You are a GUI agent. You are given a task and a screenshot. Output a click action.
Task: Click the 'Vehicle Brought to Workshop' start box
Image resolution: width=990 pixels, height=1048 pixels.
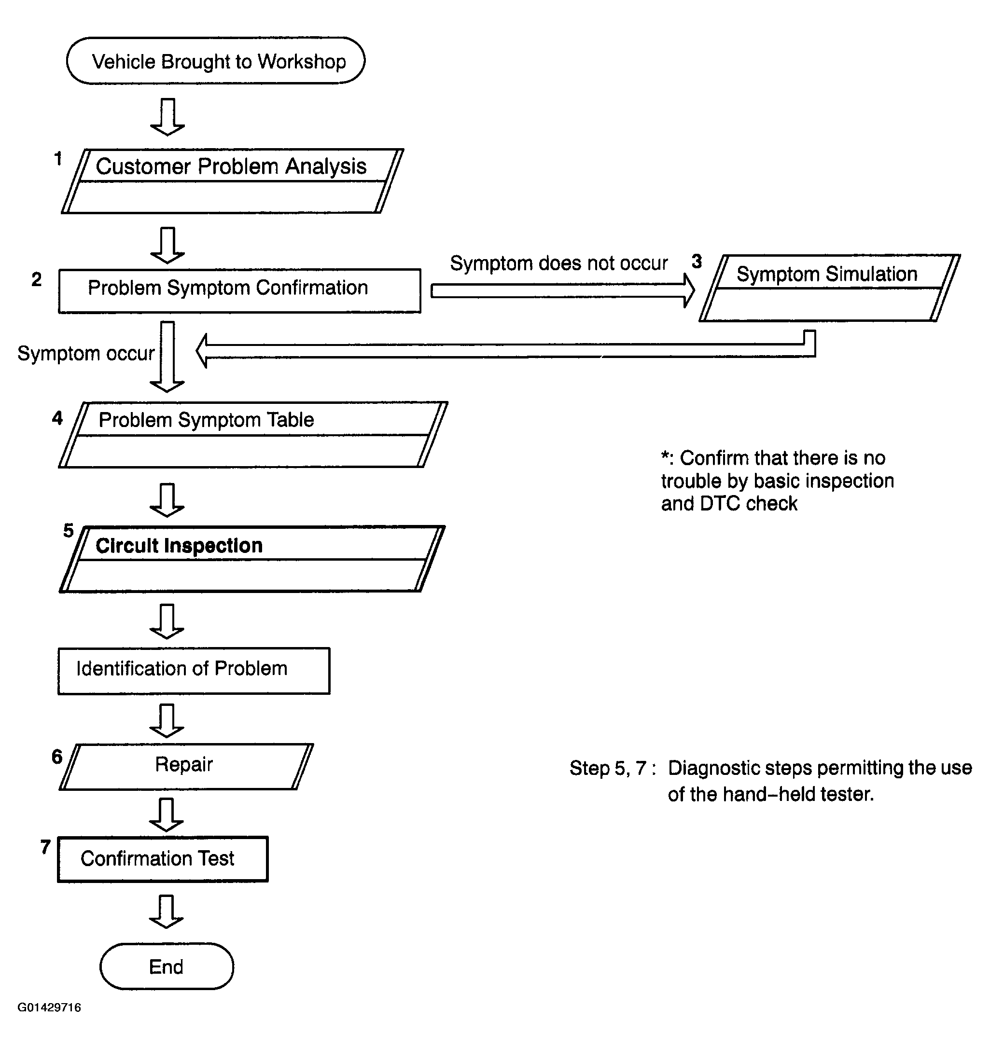tap(215, 61)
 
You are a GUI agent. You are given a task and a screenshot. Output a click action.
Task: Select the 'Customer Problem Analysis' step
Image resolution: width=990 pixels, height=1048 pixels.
tap(232, 181)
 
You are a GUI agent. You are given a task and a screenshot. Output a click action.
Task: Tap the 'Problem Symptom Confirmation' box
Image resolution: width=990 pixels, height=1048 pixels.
tap(239, 291)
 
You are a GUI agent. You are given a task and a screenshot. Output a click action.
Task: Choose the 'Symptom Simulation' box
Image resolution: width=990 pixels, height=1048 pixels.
tap(830, 288)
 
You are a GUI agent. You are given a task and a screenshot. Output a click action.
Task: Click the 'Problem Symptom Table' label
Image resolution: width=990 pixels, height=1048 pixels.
tap(206, 420)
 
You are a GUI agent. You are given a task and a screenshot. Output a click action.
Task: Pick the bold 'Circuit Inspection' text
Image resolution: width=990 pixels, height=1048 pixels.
tap(179, 546)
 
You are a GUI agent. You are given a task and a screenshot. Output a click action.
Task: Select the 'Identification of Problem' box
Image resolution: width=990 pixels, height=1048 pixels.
tap(194, 671)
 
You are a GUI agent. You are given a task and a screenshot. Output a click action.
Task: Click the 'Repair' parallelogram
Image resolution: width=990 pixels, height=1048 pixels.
tap(186, 767)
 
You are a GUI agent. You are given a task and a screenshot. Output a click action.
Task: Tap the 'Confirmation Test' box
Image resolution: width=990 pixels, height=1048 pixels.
tap(163, 859)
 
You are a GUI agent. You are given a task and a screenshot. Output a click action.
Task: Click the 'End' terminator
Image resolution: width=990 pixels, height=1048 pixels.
tap(167, 967)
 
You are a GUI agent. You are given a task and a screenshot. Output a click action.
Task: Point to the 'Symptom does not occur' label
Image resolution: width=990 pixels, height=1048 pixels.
tap(559, 263)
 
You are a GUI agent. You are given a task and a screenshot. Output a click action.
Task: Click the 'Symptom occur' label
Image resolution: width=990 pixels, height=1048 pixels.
tap(86, 353)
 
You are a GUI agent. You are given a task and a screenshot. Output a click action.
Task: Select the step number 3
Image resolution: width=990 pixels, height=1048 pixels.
tap(697, 261)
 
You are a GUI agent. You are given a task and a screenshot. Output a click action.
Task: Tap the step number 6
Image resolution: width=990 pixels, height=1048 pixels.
tap(57, 757)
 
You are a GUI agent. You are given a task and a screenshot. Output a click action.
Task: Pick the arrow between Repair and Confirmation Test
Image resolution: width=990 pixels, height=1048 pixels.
tap(167, 815)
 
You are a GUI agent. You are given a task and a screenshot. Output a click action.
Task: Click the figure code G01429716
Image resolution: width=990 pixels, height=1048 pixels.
tap(49, 1007)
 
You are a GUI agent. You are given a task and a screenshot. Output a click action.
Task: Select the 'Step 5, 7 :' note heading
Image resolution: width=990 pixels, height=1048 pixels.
tap(613, 769)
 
